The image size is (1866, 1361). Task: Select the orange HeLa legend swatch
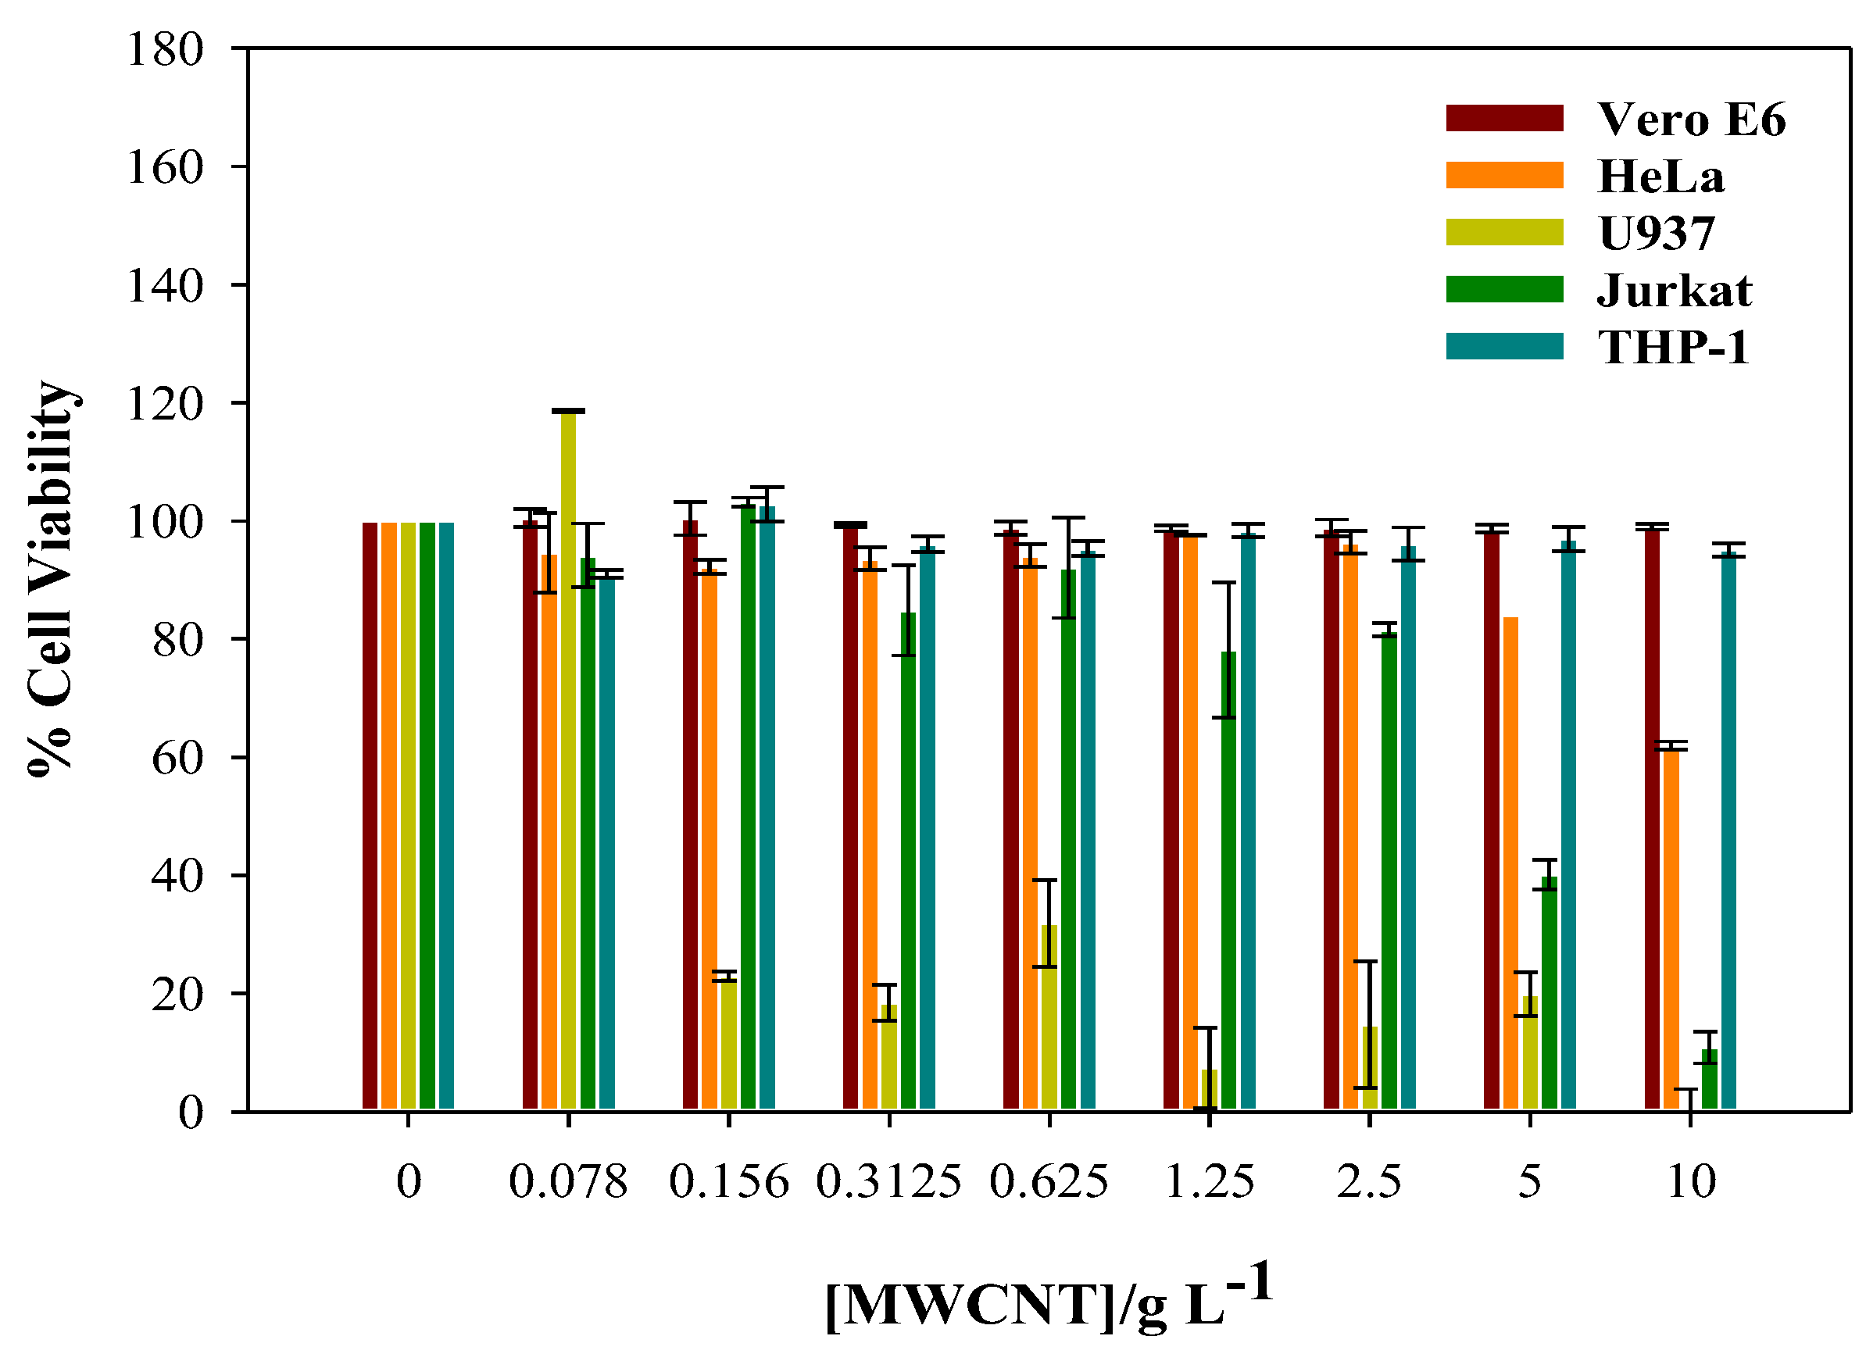pyautogui.click(x=1503, y=176)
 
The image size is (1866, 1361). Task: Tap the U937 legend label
pyautogui.click(x=1656, y=233)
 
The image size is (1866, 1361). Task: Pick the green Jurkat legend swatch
pyautogui.click(x=1503, y=289)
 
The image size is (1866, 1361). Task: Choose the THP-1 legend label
pyautogui.click(x=1672, y=347)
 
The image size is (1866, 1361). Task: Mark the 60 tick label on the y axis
pyautogui.click(x=177, y=758)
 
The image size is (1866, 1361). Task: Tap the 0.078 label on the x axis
pyautogui.click(x=567, y=1181)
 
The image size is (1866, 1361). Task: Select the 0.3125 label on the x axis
pyautogui.click(x=888, y=1181)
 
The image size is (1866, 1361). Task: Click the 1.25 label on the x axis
pyautogui.click(x=1209, y=1181)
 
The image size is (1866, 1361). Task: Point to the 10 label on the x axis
pyautogui.click(x=1690, y=1181)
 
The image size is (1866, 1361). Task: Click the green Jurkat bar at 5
pyautogui.click(x=1549, y=994)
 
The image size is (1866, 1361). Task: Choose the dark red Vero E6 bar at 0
pyautogui.click(x=370, y=816)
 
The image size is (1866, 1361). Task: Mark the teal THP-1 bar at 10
pyautogui.click(x=1728, y=832)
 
